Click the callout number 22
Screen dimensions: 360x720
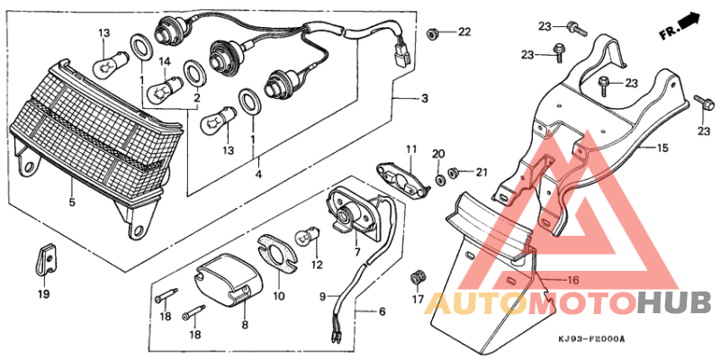tap(463, 33)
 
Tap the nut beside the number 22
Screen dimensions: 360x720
tap(432, 33)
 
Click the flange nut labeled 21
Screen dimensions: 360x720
tap(455, 172)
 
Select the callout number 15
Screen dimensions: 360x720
tap(661, 148)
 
